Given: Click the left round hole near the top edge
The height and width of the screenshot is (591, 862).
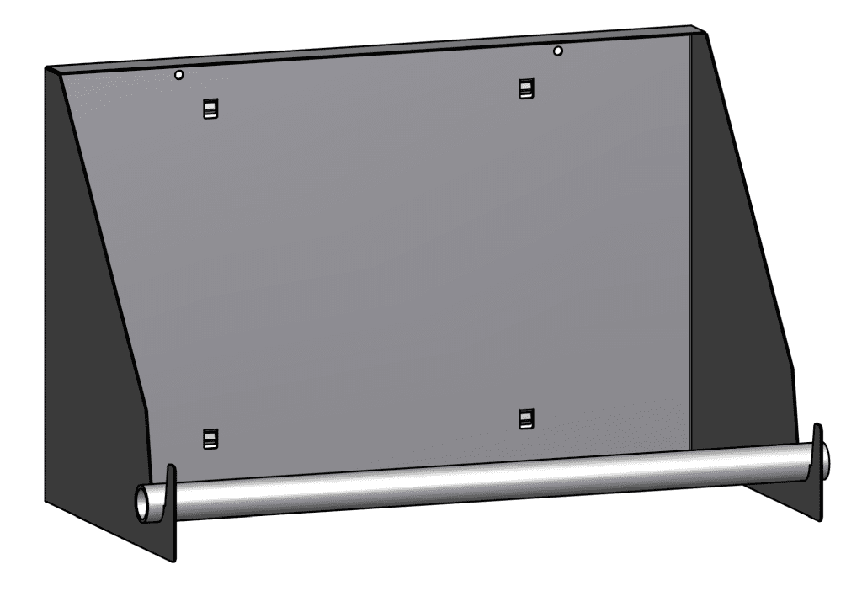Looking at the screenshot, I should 178,75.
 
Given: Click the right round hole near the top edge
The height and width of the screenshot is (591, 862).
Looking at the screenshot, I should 557,51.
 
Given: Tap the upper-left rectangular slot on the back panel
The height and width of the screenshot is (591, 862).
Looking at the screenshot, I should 210,108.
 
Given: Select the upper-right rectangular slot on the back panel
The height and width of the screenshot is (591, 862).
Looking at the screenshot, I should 526,88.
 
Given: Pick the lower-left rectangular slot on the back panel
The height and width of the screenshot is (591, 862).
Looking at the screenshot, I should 210,438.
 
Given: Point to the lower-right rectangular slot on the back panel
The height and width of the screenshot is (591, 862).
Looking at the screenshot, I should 526,418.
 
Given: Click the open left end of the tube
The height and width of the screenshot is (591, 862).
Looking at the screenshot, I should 141,503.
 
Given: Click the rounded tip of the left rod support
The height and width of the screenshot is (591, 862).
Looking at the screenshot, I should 171,469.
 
